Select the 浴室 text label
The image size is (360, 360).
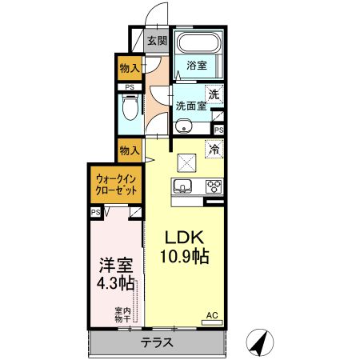pyautogui.click(x=197, y=66)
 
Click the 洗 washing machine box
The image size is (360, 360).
pyautogui.click(x=212, y=94)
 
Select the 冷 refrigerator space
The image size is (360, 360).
pyautogui.click(x=213, y=149)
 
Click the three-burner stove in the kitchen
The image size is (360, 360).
pyautogui.click(x=213, y=187)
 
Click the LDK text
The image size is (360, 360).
pyautogui.click(x=185, y=238)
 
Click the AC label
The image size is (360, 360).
pyautogui.click(x=212, y=315)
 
